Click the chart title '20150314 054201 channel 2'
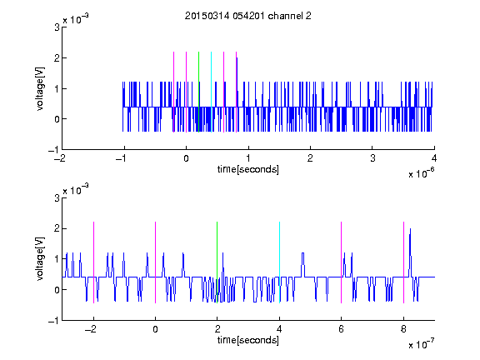pos(248,16)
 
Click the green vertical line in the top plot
pos(198,92)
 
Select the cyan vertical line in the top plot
pos(211,92)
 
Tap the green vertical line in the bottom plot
pos(217,262)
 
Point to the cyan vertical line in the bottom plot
pos(279,262)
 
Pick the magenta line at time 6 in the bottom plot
pos(342,262)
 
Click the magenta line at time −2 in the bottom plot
pos(93,262)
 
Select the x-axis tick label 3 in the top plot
pos(372,158)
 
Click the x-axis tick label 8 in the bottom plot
pos(403,329)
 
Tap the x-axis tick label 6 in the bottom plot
pos(342,329)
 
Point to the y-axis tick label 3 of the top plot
pos(57,27)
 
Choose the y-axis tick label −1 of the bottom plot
pos(53,321)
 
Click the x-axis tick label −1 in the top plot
pos(122,158)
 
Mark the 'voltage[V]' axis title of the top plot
pos(40,89)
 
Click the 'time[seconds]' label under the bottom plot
pos(248,340)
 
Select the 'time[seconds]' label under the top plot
pos(248,169)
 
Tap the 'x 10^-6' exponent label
pos(421,173)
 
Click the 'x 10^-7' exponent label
pos(421,344)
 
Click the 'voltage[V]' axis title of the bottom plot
pos(40,259)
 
